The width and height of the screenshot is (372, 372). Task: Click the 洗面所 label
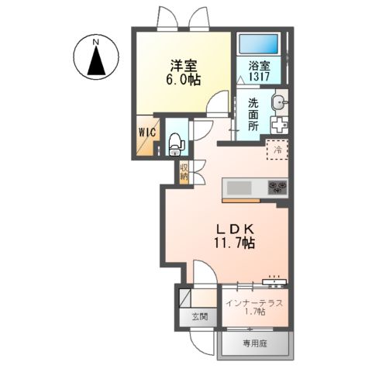[x=253, y=114]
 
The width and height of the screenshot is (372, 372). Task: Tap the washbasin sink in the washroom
[x=279, y=102]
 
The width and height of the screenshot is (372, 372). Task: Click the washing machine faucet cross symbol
[x=277, y=125]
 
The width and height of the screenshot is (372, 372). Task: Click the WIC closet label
[x=147, y=132]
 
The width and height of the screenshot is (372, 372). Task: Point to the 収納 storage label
[x=184, y=172]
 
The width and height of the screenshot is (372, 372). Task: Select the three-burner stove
[x=277, y=188]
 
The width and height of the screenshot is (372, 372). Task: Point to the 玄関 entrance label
[x=200, y=316]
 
